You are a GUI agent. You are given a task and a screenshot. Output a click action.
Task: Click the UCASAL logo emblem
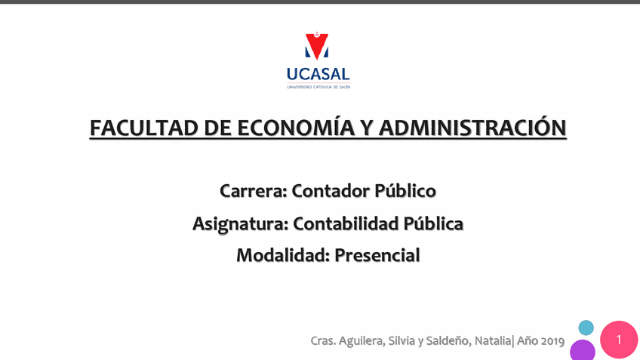(x=317, y=46)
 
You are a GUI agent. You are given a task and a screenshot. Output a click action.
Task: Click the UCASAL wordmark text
(x=318, y=74)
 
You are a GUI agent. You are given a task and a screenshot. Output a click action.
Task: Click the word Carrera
(x=252, y=191)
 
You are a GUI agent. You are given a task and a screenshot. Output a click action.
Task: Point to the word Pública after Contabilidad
(x=433, y=223)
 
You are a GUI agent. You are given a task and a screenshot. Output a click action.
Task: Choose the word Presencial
(x=377, y=256)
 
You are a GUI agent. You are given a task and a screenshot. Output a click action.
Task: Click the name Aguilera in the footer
(x=360, y=341)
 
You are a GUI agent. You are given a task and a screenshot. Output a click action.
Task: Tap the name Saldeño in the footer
(x=445, y=341)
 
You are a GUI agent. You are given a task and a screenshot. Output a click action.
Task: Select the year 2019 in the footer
(x=551, y=341)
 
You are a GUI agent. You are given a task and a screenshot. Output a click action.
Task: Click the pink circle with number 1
(x=619, y=340)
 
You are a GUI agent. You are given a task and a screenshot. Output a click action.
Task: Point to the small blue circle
(x=586, y=328)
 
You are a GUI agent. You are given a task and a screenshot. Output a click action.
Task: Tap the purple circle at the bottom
(x=583, y=351)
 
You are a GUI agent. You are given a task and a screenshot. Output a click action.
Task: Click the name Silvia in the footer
(x=401, y=341)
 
